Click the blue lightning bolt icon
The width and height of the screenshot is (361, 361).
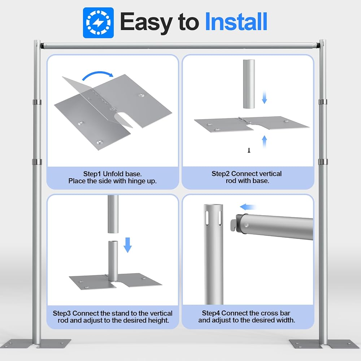pyautogui.click(x=98, y=23)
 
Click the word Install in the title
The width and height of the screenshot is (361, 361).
pyautogui.click(x=236, y=22)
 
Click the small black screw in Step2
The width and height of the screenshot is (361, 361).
pyautogui.click(x=249, y=150)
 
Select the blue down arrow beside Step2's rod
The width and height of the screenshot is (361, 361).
pyautogui.click(x=265, y=97)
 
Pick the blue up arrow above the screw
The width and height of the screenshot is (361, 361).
pyautogui.click(x=265, y=142)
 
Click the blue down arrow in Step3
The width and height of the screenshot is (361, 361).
pyautogui.click(x=128, y=245)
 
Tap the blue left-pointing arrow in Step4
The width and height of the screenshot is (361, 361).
pyautogui.click(x=248, y=207)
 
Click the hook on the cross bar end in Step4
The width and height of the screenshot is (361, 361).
pyautogui.click(x=233, y=225)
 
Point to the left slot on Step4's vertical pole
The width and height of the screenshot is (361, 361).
pyautogui.click(x=207, y=217)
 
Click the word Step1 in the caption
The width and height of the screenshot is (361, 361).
pyautogui.click(x=92, y=174)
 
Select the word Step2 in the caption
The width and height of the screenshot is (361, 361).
pyautogui.click(x=221, y=174)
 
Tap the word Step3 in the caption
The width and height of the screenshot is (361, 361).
pyautogui.click(x=62, y=313)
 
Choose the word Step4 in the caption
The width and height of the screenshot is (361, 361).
pyautogui.click(x=211, y=313)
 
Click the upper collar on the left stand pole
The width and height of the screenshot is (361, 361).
pyautogui.click(x=37, y=102)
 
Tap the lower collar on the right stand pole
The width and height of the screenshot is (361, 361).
pyautogui.click(x=323, y=162)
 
